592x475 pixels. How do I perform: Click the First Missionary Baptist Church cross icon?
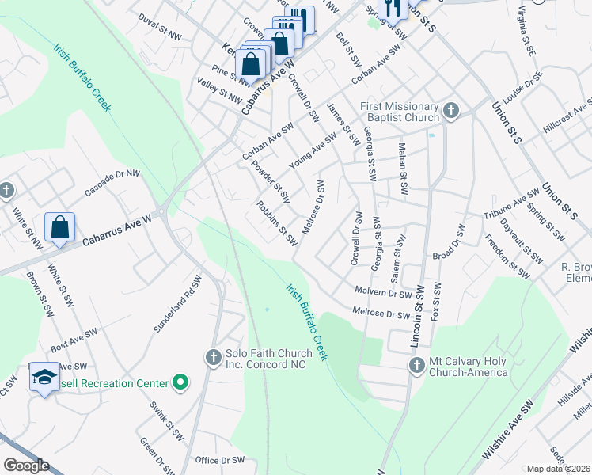coord(451,111)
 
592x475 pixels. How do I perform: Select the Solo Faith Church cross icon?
coord(212,359)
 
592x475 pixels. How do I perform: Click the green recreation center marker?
coord(180,383)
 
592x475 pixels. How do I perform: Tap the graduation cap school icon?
coord(44,377)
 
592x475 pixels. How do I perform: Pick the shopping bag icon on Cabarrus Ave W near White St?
coord(60,228)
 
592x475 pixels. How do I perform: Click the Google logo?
coord(26,465)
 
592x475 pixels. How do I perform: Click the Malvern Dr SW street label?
coord(384,292)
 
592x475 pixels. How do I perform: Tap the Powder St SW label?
coord(271,180)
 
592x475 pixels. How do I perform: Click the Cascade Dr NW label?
coord(112,182)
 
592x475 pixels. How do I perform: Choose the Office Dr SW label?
coord(220,460)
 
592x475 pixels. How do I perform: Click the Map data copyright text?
coord(558,469)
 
